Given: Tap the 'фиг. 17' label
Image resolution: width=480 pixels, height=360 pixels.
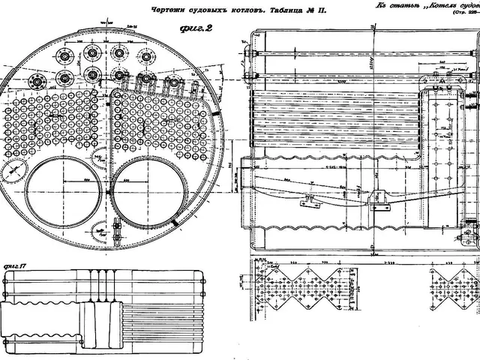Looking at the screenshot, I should [x=16, y=266].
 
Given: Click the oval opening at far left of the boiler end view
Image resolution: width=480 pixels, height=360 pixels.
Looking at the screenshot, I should [x=13, y=171].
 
